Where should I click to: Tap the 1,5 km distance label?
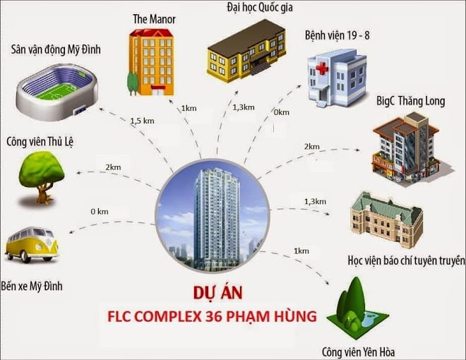[141, 121]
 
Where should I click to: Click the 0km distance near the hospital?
[281, 112]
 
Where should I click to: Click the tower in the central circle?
[212, 208]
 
